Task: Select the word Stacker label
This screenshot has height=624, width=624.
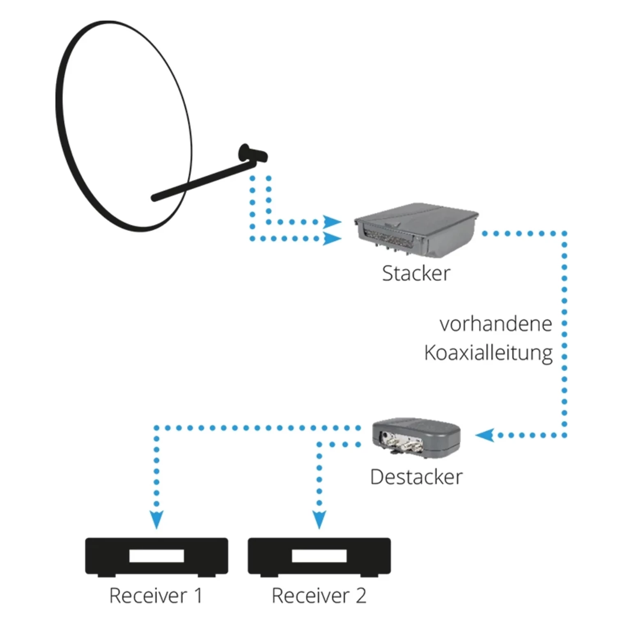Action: pos(416,273)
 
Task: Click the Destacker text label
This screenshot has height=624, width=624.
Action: pos(416,477)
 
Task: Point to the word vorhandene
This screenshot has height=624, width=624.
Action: pos(496,324)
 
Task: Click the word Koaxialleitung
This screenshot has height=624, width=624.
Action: pos(488,353)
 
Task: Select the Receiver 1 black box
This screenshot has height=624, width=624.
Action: pos(156,556)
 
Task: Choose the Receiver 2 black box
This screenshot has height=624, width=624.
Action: pos(319,556)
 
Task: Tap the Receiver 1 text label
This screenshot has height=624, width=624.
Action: pos(156,596)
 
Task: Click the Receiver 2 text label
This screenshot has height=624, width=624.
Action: pos(319,596)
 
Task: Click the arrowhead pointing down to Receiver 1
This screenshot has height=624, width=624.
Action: pos(156,519)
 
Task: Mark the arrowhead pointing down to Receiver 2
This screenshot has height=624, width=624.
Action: pos(319,519)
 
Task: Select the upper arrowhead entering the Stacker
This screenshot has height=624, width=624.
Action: pos(332,222)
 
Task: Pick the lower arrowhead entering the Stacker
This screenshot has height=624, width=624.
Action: pos(332,239)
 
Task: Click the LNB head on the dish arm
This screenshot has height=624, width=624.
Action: pos(252,154)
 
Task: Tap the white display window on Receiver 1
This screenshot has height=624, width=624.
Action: pos(156,556)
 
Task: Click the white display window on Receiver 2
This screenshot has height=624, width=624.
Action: pos(319,556)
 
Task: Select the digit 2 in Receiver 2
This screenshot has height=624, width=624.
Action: pos(360,596)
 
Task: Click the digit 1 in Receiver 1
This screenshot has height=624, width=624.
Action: pos(198,596)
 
